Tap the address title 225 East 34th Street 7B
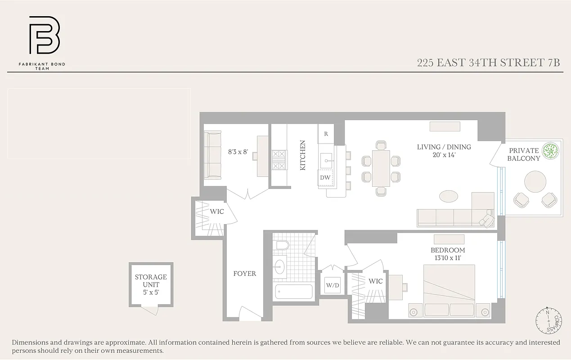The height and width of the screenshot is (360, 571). (488, 63)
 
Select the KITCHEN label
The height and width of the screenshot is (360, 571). (303, 155)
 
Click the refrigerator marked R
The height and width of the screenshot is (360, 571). (326, 134)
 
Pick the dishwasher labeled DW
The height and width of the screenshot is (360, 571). (325, 178)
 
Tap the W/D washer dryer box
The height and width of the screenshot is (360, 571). (333, 284)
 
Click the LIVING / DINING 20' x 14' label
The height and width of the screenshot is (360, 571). (444, 151)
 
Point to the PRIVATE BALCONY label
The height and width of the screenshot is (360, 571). (523, 154)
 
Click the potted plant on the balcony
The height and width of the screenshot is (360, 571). (550, 151)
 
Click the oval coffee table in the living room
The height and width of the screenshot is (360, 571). (449, 196)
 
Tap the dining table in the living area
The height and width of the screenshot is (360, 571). (381, 168)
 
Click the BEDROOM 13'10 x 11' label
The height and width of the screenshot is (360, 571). (448, 254)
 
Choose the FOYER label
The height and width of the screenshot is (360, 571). (244, 274)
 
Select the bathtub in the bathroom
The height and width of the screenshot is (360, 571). (294, 292)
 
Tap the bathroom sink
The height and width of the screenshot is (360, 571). (280, 266)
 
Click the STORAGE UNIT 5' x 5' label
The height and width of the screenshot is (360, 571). (151, 285)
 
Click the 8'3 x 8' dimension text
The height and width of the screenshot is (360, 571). (238, 152)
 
